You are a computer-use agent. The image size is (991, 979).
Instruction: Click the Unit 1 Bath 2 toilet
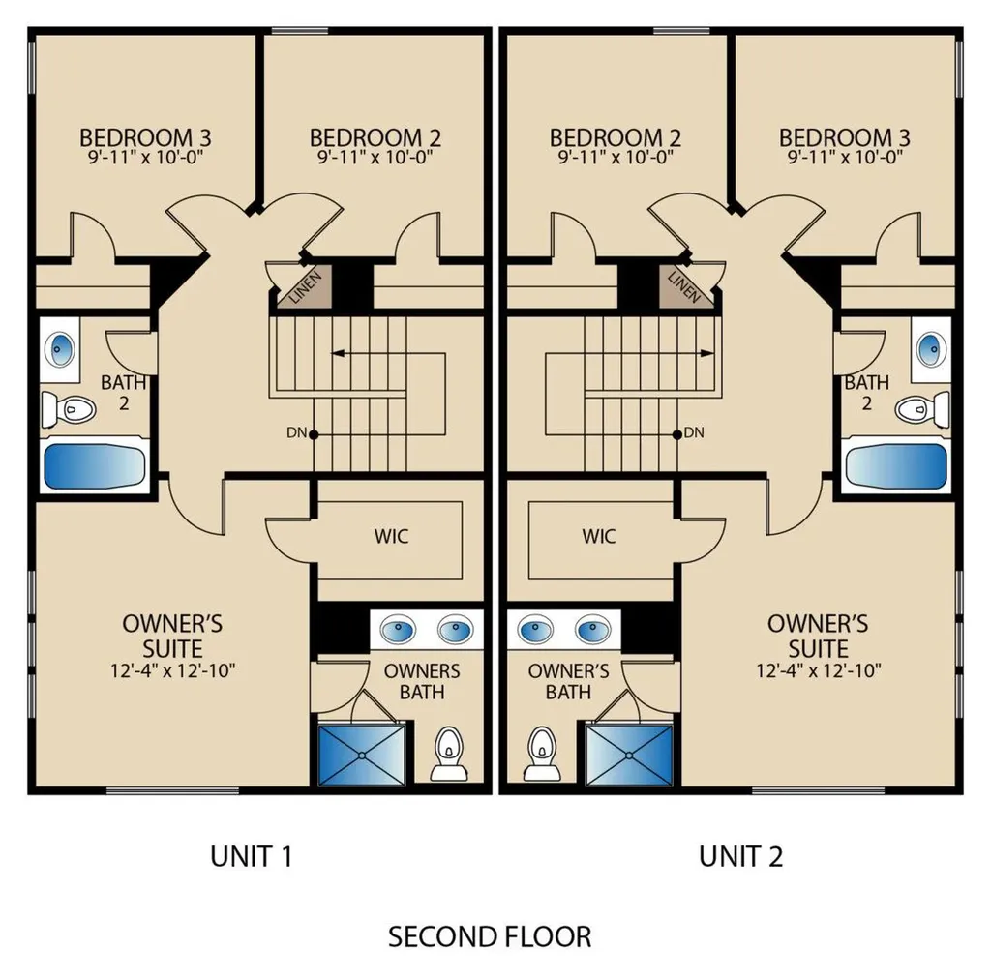pyautogui.click(x=69, y=410)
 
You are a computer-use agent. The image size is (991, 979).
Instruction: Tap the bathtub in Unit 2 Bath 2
pyautogui.click(x=896, y=465)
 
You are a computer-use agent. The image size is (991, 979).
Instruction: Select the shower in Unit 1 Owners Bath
pyautogui.click(x=362, y=756)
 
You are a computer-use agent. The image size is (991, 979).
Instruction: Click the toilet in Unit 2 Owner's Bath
pyautogui.click(x=542, y=755)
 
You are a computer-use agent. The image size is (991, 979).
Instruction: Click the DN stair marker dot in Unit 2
pyautogui.click(x=676, y=434)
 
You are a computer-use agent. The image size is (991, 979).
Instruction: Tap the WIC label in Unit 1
pyautogui.click(x=391, y=536)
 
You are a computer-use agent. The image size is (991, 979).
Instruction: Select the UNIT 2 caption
pyautogui.click(x=740, y=856)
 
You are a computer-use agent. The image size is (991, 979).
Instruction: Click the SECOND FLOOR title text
pyautogui.click(x=490, y=937)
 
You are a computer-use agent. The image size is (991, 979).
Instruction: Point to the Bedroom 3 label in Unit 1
pyautogui.click(x=145, y=137)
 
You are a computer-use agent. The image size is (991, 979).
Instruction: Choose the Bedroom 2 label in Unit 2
pyautogui.click(x=615, y=137)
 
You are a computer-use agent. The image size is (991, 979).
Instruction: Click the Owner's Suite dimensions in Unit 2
pyautogui.click(x=819, y=670)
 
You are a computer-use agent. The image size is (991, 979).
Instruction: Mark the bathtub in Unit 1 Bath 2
pyautogui.click(x=94, y=465)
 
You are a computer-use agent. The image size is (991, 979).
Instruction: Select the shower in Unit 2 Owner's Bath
pyautogui.click(x=629, y=756)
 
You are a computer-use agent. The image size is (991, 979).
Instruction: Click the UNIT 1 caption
pyautogui.click(x=251, y=856)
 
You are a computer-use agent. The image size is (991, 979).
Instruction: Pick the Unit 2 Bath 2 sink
pyautogui.click(x=930, y=350)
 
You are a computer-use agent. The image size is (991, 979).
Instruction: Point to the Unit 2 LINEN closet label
pyautogui.click(x=684, y=287)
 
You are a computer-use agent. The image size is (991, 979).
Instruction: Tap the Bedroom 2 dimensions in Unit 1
pyautogui.click(x=375, y=157)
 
